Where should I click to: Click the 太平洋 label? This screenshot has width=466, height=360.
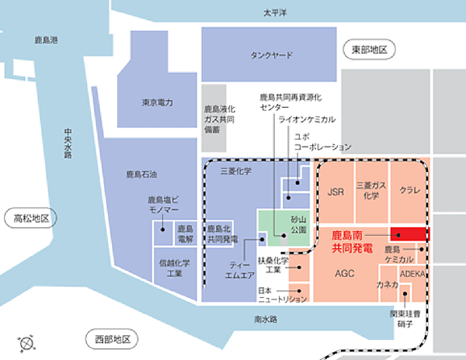[x=275, y=13]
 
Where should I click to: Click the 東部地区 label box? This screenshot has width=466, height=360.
[x=369, y=50]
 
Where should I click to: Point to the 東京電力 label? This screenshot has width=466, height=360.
[x=157, y=102]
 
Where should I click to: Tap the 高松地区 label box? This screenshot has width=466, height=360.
[x=27, y=218]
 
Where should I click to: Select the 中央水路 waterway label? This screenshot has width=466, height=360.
[x=68, y=144]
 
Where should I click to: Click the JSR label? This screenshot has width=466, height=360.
[x=336, y=191]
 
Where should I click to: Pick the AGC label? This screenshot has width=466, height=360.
[x=344, y=274]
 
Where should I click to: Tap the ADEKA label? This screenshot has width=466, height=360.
[x=412, y=274]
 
